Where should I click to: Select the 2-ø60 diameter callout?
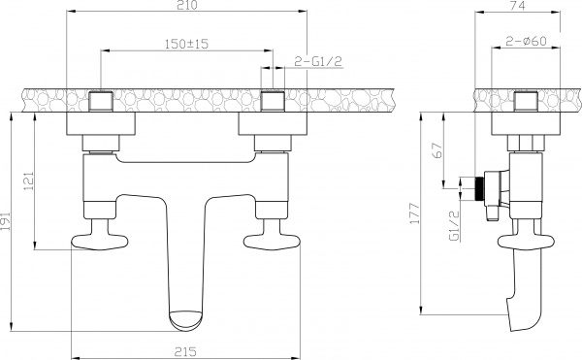[524, 44]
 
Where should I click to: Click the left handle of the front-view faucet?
[96, 242]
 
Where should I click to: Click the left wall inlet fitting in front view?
[102, 99]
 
